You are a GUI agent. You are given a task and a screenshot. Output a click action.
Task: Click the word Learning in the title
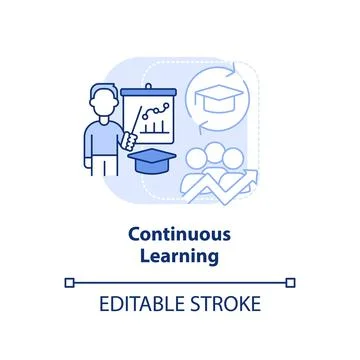coord(180,256)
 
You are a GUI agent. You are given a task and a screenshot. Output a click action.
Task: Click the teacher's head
coord(100,101)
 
